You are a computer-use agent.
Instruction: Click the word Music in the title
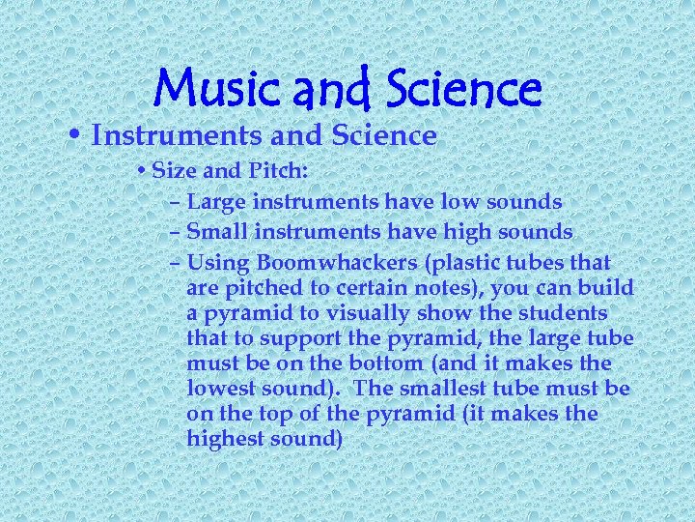click(213, 90)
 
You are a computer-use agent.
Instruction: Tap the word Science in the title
click(464, 90)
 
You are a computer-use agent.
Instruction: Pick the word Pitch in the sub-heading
click(276, 172)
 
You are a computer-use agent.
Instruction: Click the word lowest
click(222, 389)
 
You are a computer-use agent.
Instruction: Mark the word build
click(607, 288)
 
